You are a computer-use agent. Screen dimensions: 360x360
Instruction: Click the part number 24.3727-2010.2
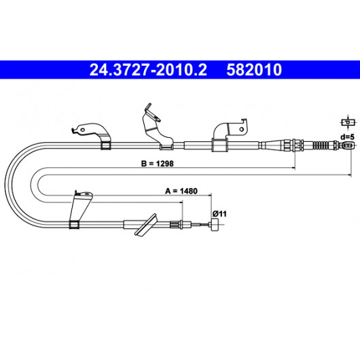click(148, 70)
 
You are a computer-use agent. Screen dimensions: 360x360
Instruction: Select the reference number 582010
click(254, 70)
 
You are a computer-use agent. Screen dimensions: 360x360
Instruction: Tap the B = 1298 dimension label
click(158, 164)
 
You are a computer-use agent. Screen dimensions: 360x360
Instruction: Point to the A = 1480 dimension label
click(181, 191)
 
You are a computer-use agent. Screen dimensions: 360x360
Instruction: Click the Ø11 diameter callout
click(219, 214)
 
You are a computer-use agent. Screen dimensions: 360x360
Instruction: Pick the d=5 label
click(347, 137)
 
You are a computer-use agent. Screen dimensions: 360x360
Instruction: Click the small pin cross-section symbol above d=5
click(348, 122)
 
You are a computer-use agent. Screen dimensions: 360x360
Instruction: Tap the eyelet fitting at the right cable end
click(348, 145)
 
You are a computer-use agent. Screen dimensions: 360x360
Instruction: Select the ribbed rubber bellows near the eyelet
click(321, 145)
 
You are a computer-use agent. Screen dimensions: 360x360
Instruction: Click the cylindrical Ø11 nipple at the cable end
click(215, 225)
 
